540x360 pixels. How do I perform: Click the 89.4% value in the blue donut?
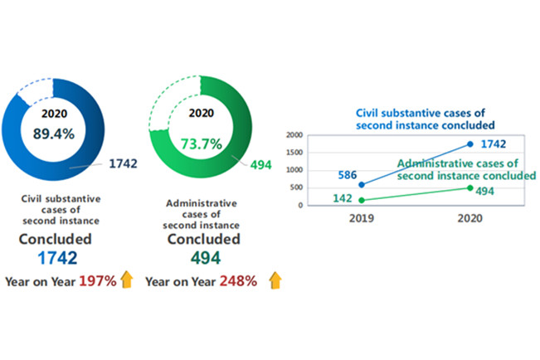[x=52, y=132]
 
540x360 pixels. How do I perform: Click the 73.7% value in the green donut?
[x=201, y=144]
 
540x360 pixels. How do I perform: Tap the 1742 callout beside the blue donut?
[x=122, y=163]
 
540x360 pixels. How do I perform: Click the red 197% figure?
[x=95, y=281]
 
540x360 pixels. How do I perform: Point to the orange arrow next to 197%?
[x=127, y=280]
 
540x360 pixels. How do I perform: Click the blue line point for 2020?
[x=470, y=144]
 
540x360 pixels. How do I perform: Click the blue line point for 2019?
[x=361, y=184]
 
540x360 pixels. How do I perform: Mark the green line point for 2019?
[x=361, y=200]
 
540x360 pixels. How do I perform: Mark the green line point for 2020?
[x=470, y=187]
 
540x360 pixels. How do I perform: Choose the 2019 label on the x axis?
[x=361, y=219]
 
